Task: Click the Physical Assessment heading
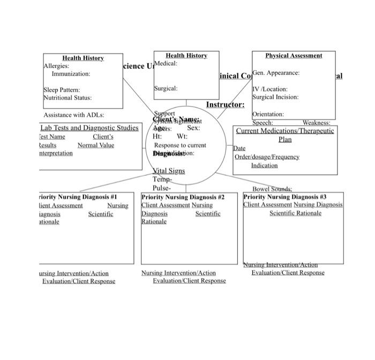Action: coord(294,56)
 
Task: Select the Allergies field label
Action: coord(56,66)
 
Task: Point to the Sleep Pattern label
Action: coord(62,90)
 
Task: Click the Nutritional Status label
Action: coord(67,98)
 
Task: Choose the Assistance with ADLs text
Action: coord(74,115)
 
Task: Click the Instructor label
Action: coord(225,104)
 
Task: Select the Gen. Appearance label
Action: coord(276,73)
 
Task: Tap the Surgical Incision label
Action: coord(275,97)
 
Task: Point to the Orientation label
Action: coord(268,115)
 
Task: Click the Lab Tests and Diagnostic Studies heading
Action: coord(89,128)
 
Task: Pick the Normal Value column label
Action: coord(96,145)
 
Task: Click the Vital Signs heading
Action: coord(169,171)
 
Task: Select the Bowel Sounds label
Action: coord(272,189)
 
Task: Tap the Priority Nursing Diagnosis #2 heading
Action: coord(183,197)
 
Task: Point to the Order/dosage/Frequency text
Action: coord(267,157)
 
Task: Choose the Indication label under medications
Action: coord(265,166)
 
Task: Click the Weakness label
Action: coord(316,123)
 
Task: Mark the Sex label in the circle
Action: coord(193,129)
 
